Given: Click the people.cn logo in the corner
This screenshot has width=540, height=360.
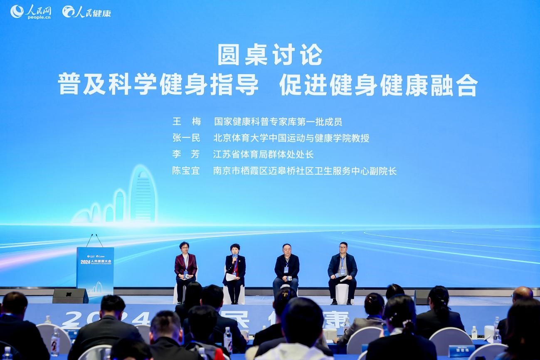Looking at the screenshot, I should tap(31, 12).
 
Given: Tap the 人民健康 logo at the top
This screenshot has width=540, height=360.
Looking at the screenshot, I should tap(86, 12).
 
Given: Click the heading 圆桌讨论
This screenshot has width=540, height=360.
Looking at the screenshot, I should tap(270, 54).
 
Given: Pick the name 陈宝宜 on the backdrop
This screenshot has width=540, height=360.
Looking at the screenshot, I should tap(186, 170).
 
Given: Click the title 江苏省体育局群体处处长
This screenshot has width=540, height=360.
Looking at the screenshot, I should tap(263, 154).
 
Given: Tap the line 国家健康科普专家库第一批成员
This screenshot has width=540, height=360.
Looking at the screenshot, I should tap(278, 122).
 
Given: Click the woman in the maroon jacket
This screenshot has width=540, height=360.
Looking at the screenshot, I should tap(185, 268).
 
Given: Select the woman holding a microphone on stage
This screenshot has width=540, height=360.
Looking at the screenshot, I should tap(234, 270).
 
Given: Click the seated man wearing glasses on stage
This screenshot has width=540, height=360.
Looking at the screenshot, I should tap(342, 270).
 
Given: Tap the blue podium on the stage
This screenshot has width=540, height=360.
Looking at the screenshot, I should tap(95, 268).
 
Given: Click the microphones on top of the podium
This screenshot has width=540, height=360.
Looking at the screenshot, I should tap(94, 240).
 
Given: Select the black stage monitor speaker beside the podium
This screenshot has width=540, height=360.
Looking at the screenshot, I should tap(70, 296).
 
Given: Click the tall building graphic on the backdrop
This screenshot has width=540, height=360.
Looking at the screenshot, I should tap(142, 195).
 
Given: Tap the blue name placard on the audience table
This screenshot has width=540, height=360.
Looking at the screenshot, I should tap(461, 350).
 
